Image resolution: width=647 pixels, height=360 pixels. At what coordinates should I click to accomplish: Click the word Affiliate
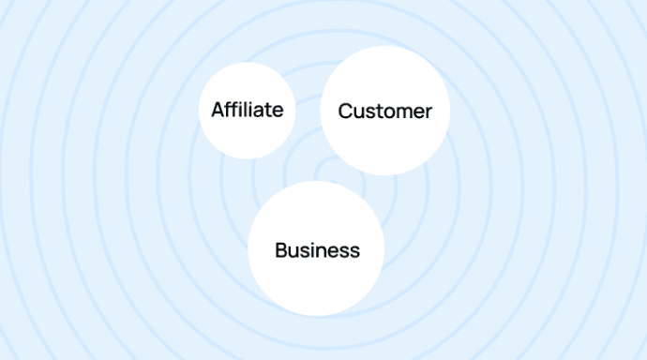pos(247,110)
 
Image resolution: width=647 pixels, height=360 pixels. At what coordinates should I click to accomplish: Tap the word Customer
pos(384,112)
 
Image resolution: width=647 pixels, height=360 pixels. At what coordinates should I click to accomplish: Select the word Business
pos(317,250)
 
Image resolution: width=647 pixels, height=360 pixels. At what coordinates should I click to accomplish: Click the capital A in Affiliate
pos(218,110)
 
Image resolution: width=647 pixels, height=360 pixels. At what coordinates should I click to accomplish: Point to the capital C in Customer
pos(344,112)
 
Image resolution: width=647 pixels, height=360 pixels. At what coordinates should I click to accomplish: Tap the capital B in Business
pos(280,250)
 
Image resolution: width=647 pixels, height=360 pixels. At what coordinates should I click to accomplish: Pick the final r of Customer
pos(429,112)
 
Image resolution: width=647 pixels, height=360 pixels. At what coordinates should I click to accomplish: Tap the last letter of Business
pos(354,251)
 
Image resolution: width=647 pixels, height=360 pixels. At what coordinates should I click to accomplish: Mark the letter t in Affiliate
pos(268,110)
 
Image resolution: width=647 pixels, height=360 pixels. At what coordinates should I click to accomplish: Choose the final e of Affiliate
pos(278,111)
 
